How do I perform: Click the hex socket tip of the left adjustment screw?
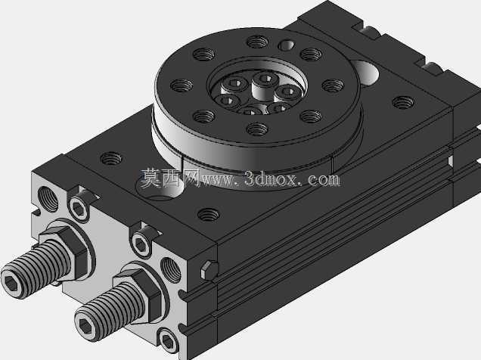point(12,281)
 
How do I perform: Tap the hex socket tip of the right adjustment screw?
point(86,324)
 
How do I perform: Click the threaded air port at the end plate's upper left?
point(48,199)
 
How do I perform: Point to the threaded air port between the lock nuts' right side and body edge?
point(171,270)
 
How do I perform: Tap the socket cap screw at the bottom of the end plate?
point(169,340)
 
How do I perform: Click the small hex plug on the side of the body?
point(209,271)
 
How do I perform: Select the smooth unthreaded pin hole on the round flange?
point(287,45)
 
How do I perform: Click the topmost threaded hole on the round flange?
point(257,42)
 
